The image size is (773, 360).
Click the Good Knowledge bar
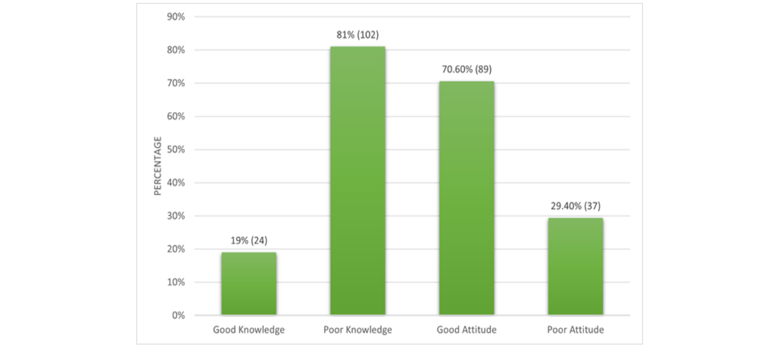[x=249, y=283]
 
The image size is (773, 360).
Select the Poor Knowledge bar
[x=357, y=180]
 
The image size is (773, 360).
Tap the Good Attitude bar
[x=466, y=197]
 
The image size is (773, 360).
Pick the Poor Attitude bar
[x=575, y=266]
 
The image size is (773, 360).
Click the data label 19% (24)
[x=249, y=240]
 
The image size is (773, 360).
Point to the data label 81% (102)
[x=357, y=35]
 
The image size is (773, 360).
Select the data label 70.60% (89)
[x=466, y=69]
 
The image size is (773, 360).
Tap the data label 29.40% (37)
[x=575, y=206]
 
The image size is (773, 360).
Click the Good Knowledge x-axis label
[x=249, y=330]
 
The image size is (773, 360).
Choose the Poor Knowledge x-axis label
[x=357, y=330]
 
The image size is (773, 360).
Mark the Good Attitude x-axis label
[x=466, y=330]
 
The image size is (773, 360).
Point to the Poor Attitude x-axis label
[x=575, y=330]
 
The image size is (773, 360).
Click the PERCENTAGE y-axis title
[x=158, y=166]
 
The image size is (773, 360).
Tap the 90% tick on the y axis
[x=176, y=17]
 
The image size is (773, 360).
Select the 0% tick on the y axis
[x=178, y=315]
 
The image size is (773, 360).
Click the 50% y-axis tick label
[x=176, y=149]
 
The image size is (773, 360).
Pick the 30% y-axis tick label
[x=176, y=216]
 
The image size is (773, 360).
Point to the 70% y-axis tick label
[x=176, y=83]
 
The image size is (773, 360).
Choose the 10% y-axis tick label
[x=176, y=282]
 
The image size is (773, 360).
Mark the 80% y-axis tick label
[x=176, y=50]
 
